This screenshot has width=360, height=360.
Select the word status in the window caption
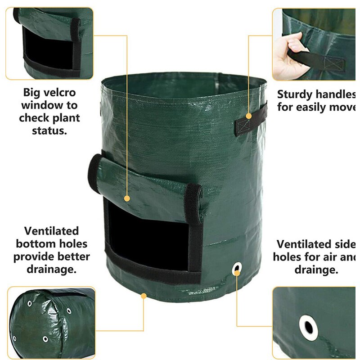click(49, 131)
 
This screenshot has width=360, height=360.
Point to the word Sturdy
click(297, 94)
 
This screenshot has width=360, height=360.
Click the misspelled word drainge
click(316, 270)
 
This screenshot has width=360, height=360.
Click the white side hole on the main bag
click(236, 270)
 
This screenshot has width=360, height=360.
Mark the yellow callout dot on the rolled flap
click(127, 198)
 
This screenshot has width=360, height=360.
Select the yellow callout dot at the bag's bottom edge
click(144, 296)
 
